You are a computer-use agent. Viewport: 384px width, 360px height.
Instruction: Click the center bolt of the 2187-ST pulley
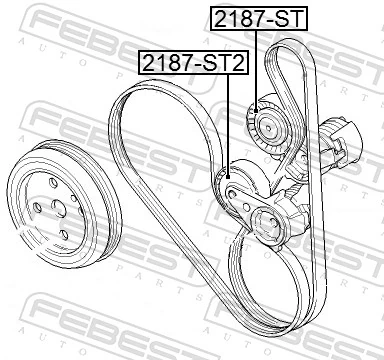[x=269, y=125]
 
